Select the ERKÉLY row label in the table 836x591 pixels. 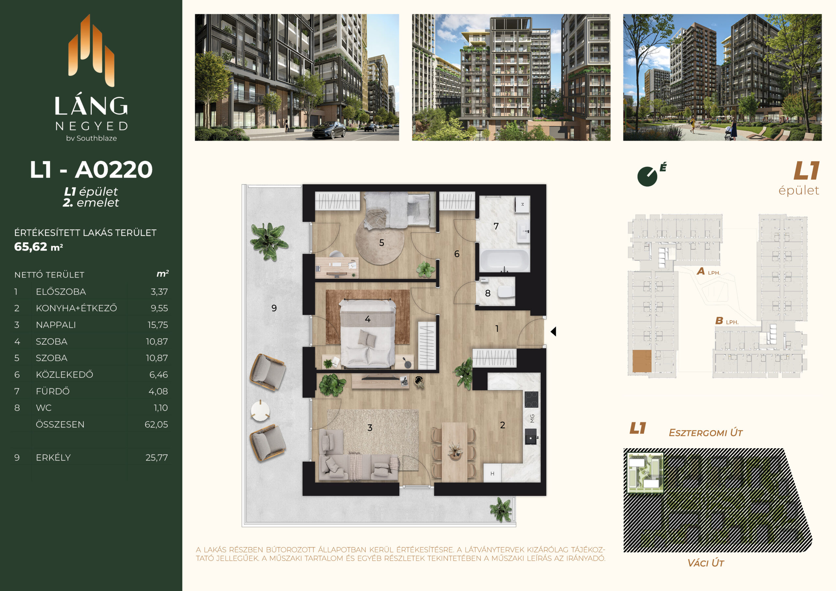(x=53, y=457)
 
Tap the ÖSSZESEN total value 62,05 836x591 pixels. (x=156, y=424)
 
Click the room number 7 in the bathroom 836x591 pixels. (x=496, y=226)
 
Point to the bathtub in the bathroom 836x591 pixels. (x=504, y=260)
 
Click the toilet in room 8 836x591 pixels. (x=506, y=291)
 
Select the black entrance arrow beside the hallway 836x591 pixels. (x=554, y=331)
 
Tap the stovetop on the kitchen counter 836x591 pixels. (x=531, y=399)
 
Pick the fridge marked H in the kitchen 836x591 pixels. (x=492, y=473)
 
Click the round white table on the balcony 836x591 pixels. (x=260, y=411)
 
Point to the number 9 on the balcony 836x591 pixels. (x=274, y=308)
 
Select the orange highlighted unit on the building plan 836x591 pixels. (x=642, y=361)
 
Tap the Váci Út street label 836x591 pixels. (x=705, y=563)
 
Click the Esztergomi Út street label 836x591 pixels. (x=706, y=433)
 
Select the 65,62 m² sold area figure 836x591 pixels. (x=39, y=247)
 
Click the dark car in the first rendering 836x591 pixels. (x=329, y=130)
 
